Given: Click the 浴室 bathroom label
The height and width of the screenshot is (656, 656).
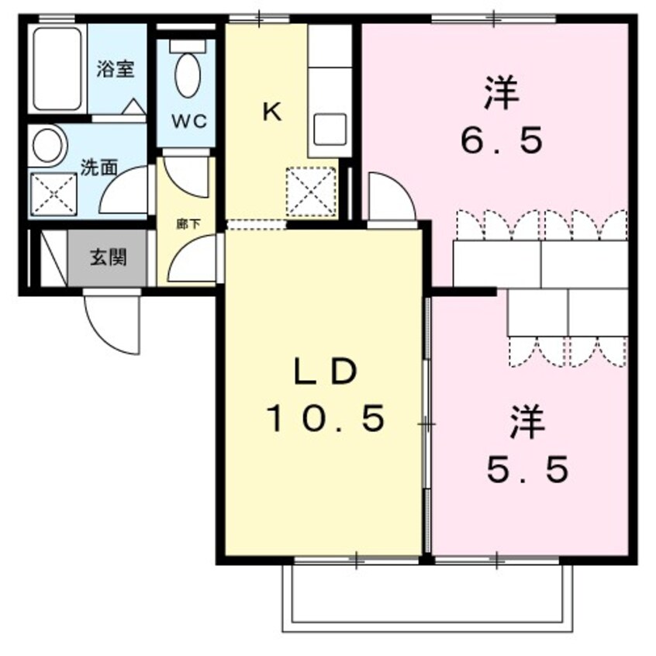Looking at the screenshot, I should coord(116,68).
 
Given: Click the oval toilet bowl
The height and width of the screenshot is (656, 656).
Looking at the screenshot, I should coord(186,74).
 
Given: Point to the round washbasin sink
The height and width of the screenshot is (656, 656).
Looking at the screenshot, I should coord(49,145).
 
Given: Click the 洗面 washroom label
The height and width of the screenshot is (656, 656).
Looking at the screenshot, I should coord(99,167).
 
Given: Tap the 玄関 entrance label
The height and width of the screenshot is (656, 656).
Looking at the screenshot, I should coord(108,257).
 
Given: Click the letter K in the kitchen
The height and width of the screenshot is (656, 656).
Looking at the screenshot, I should coord(271,113).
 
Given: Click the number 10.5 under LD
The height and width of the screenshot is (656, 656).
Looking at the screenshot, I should coord(326,419).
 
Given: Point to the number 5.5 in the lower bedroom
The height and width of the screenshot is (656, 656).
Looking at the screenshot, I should coord(528,468).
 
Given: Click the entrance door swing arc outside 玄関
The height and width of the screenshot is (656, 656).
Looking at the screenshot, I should coord(109,323).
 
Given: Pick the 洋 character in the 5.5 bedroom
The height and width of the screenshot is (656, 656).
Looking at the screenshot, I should coord(528,423).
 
